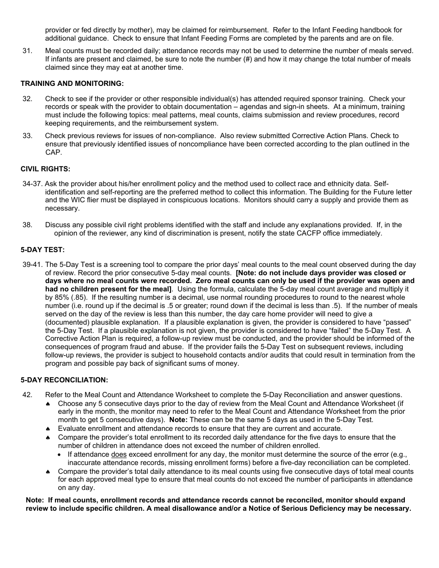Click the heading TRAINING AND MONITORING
click(x=72, y=84)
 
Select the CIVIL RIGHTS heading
click(x=45, y=169)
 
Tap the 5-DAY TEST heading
click(x=43, y=250)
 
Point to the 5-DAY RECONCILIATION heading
click(x=64, y=380)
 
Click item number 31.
click(x=27, y=51)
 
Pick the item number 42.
click(x=27, y=395)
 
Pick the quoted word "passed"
click(x=396, y=322)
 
